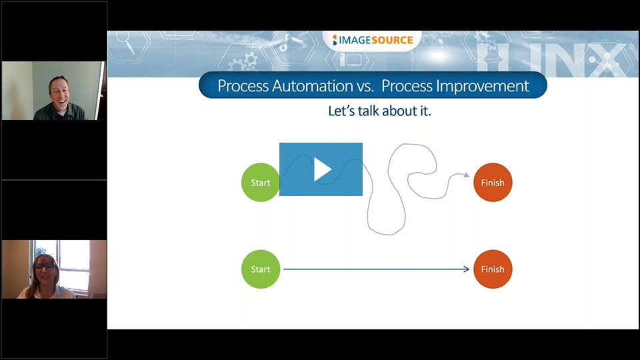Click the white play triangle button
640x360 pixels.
[x=322, y=169]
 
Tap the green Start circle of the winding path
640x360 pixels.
[x=261, y=183]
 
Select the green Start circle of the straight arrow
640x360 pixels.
[x=261, y=269]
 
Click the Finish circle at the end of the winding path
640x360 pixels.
[x=493, y=183]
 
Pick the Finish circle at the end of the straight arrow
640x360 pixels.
[x=493, y=269]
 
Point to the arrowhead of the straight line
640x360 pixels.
[x=467, y=269]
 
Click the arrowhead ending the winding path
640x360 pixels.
[x=467, y=175]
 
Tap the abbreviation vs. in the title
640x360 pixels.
[x=366, y=87]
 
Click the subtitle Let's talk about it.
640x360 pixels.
[x=379, y=111]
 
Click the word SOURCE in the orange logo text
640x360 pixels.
[x=392, y=40]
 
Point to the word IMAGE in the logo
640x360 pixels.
[x=355, y=40]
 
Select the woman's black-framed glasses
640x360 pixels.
[x=45, y=267]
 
